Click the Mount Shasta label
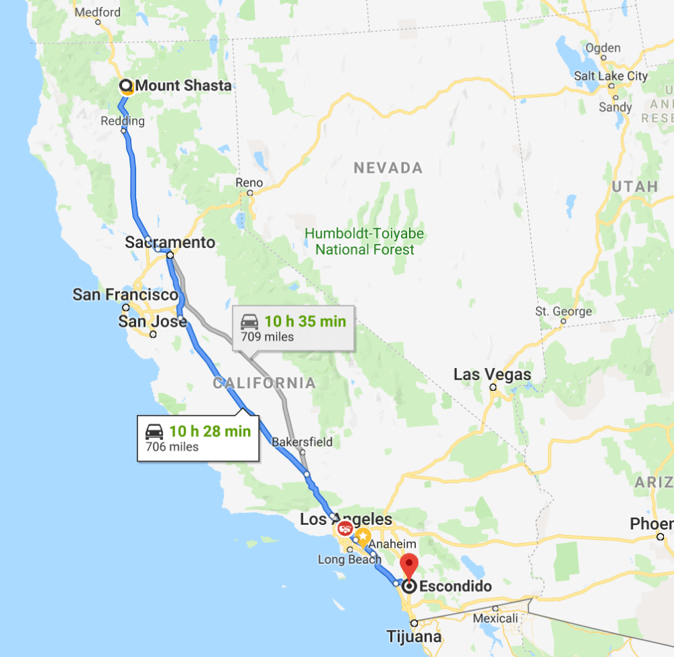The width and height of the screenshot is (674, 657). click(x=183, y=86)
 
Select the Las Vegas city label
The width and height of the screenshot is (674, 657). click(x=492, y=374)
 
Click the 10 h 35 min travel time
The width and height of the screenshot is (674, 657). click(x=305, y=321)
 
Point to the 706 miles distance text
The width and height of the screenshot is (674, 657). click(x=173, y=446)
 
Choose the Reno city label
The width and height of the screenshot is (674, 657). click(x=249, y=183)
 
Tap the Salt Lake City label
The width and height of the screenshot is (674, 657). click(x=610, y=76)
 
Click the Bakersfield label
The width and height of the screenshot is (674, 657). click(x=302, y=443)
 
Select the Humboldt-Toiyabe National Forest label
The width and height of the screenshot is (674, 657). click(x=365, y=241)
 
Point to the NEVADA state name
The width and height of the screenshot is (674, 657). click(x=388, y=168)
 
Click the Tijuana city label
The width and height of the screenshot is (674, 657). click(x=415, y=636)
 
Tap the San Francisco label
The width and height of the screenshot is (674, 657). click(x=125, y=294)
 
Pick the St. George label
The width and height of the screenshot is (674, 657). click(x=563, y=311)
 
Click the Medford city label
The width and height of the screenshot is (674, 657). click(x=98, y=12)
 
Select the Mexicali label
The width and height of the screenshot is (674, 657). click(x=495, y=618)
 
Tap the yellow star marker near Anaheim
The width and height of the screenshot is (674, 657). click(x=363, y=537)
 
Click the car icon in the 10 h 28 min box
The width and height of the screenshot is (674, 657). click(x=154, y=432)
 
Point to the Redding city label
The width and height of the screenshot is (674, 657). click(x=123, y=121)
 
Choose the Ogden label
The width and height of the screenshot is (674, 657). click(x=603, y=48)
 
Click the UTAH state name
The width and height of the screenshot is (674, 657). click(x=635, y=186)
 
